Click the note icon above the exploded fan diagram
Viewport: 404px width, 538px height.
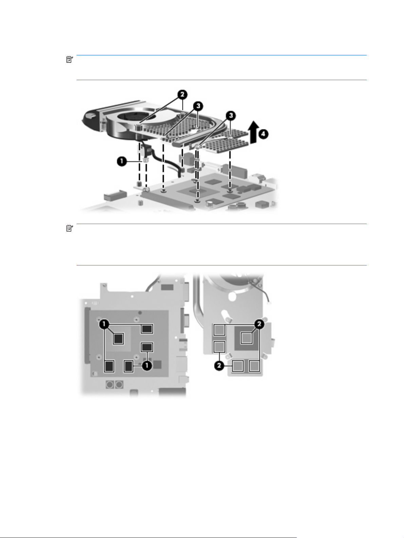(x=70, y=59)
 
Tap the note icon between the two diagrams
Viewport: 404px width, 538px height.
(x=70, y=228)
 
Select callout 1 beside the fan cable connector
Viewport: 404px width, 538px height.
(x=122, y=161)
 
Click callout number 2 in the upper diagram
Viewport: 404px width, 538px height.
(x=182, y=95)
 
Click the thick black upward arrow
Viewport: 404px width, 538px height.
(x=254, y=132)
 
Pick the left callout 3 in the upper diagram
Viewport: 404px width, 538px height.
(x=198, y=106)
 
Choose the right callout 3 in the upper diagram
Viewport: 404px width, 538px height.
(x=230, y=116)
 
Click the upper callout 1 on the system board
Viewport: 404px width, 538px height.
(x=104, y=324)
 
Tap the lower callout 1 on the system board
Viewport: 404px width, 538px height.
(x=147, y=366)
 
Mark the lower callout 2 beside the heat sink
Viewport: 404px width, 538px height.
(x=219, y=366)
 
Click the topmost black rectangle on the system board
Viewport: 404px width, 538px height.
(x=147, y=329)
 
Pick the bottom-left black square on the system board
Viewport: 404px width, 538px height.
(x=109, y=367)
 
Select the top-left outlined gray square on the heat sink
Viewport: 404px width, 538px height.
(x=219, y=330)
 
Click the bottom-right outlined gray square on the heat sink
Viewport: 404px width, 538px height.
(x=254, y=366)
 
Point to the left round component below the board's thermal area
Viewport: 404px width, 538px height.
(x=110, y=385)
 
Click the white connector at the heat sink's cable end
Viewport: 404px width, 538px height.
(x=269, y=303)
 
